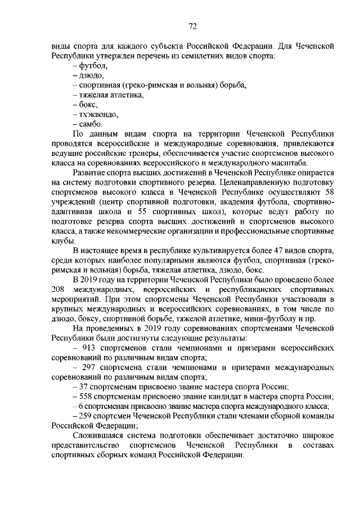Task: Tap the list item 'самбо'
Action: click(91, 124)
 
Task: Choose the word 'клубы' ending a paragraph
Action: click(62, 240)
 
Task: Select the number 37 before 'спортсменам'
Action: click(83, 386)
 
